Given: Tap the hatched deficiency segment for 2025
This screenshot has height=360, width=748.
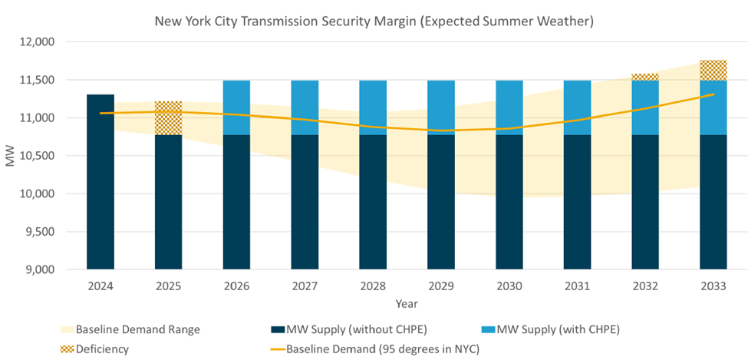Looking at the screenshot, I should (169, 118).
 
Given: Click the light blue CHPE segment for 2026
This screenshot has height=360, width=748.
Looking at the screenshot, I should (237, 107).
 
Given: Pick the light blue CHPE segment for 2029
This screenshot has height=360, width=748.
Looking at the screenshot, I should (441, 107).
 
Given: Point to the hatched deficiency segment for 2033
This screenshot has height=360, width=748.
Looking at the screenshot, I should (713, 70).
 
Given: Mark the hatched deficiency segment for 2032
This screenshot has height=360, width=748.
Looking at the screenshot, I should (645, 77).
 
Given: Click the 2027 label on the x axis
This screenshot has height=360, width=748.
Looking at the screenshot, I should (305, 286).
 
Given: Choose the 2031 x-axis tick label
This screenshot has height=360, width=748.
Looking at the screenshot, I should (577, 286).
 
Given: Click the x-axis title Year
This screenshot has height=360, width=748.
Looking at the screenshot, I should (407, 304).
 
